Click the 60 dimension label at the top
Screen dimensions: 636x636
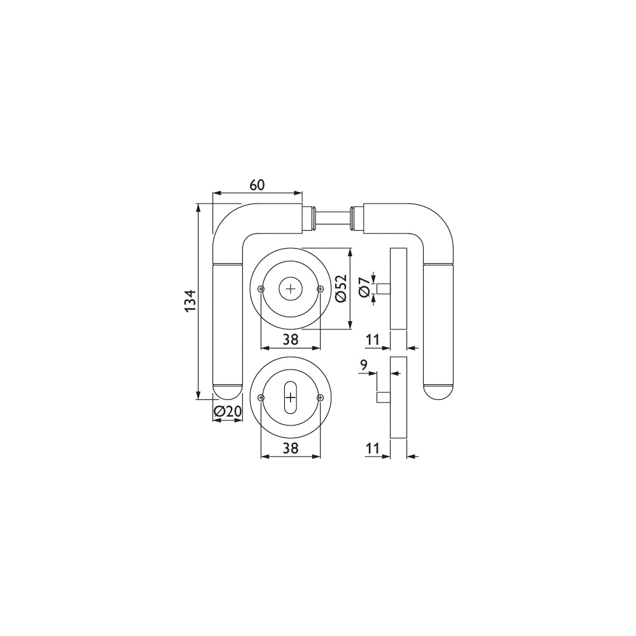point(257,185)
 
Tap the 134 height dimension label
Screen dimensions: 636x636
point(190,301)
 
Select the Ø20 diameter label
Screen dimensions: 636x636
point(228,411)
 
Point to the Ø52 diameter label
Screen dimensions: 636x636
point(342,288)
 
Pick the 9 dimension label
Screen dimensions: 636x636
point(363,366)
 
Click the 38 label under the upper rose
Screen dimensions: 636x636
point(291,340)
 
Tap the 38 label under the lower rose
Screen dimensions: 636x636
point(291,448)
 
